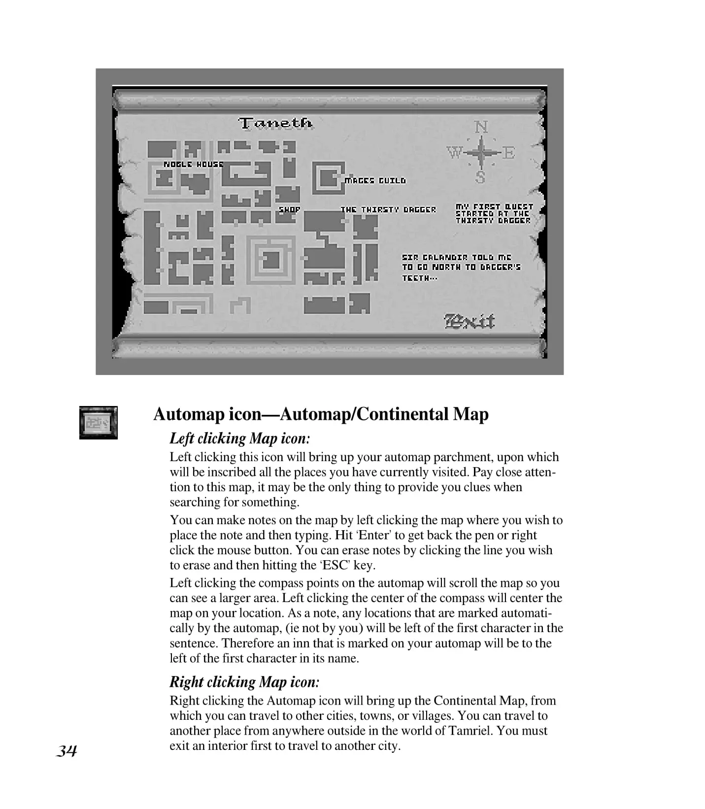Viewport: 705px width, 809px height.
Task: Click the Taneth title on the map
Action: tap(275, 123)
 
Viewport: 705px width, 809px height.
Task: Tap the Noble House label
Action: tap(193, 164)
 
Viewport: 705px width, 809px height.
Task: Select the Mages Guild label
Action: tap(375, 181)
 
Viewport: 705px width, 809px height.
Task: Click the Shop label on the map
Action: tap(290, 209)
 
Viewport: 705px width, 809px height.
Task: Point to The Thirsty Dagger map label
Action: tap(388, 210)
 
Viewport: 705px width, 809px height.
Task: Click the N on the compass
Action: tap(481, 127)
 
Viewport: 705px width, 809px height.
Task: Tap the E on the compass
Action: tap(509, 153)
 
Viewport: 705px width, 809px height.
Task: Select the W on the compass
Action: tap(454, 153)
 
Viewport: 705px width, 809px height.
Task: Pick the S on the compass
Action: tap(480, 177)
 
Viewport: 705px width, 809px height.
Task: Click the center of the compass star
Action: tap(481, 152)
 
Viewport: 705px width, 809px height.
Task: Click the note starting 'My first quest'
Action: tap(494, 214)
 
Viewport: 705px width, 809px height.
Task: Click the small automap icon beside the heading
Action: tap(99, 423)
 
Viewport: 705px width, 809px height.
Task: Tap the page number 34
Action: tap(67, 751)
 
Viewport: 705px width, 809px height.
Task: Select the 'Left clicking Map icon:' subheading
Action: tap(240, 438)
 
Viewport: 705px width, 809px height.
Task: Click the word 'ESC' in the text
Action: tap(336, 565)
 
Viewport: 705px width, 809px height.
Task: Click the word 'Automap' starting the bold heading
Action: tap(190, 414)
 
